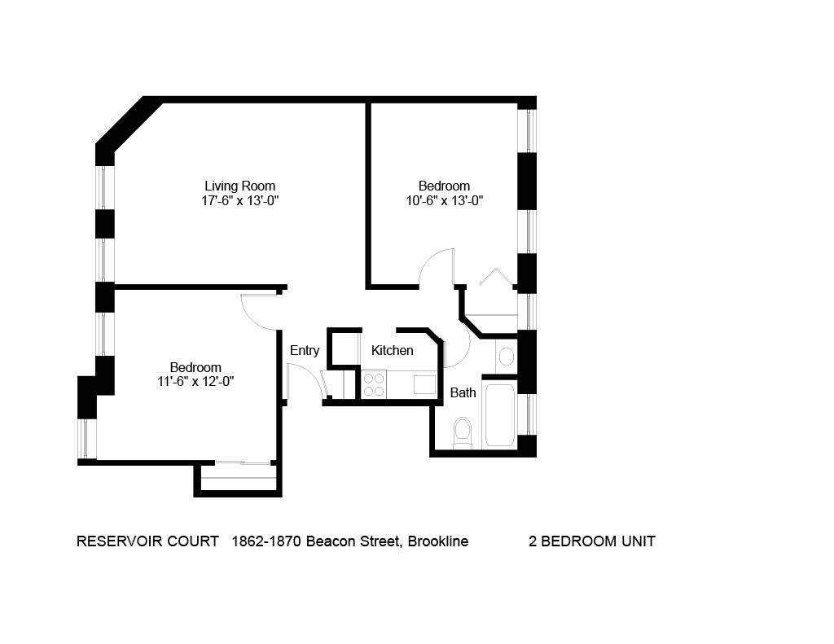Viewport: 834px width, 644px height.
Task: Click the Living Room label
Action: click(239, 186)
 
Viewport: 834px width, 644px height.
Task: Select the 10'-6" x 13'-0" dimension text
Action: click(444, 200)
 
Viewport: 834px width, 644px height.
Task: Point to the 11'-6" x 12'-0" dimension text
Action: click(195, 381)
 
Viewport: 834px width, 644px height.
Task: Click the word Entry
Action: click(305, 351)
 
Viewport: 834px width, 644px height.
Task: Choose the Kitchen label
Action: click(393, 351)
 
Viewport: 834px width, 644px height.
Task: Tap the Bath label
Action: click(463, 393)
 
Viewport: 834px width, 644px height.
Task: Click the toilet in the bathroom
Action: click(463, 432)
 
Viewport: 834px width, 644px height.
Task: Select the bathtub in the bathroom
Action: click(499, 414)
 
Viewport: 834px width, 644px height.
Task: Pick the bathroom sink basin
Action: click(506, 357)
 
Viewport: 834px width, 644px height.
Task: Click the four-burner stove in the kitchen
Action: click(374, 385)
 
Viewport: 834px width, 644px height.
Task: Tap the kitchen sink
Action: click(424, 384)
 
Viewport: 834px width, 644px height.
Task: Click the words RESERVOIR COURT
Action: click(147, 541)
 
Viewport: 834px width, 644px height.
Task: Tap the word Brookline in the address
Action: click(437, 541)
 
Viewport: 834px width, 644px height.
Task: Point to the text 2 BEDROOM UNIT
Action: click(592, 541)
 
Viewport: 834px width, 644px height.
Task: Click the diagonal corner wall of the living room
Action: click(128, 124)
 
